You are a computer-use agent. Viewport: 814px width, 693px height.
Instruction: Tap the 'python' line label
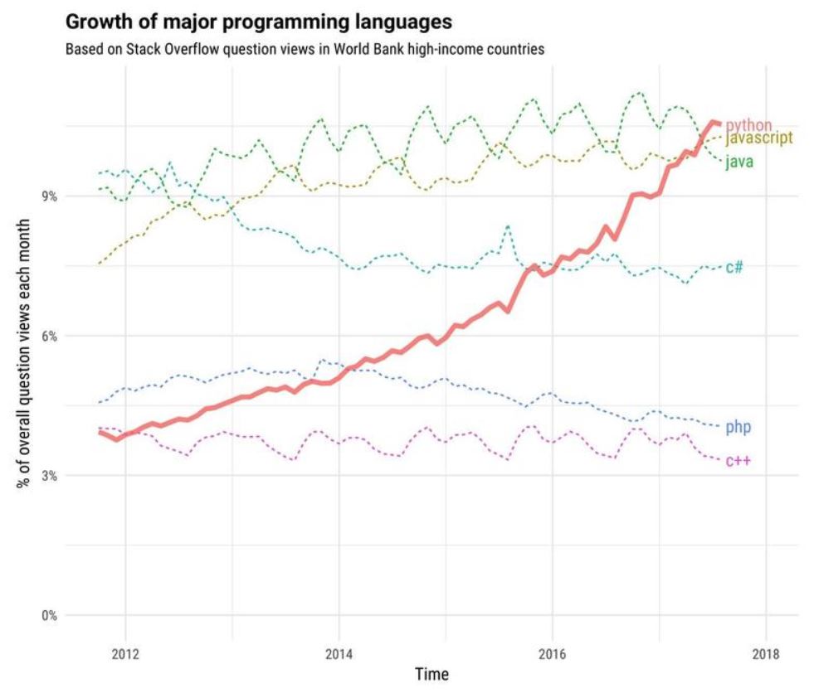click(748, 125)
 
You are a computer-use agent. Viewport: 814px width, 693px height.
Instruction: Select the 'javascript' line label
click(759, 138)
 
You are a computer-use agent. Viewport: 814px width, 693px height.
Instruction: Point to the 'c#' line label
click(734, 267)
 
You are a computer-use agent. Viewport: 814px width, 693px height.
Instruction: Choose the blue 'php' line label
click(738, 427)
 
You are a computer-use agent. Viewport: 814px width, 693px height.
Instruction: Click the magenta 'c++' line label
click(738, 461)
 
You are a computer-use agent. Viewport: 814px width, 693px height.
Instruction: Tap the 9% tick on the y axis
click(50, 196)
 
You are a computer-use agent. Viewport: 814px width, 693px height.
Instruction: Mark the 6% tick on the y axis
click(50, 337)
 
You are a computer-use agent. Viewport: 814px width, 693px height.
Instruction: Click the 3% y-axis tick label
click(50, 476)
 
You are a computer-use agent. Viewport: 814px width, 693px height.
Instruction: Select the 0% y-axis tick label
click(50, 616)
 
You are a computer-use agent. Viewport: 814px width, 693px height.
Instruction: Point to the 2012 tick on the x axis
click(125, 651)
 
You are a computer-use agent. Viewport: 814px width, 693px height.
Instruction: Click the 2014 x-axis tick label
click(339, 651)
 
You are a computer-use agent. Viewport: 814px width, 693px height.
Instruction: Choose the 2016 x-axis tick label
click(552, 651)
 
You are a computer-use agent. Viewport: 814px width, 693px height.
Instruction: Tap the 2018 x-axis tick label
click(765, 651)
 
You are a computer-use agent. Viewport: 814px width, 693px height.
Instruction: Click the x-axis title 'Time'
click(431, 675)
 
